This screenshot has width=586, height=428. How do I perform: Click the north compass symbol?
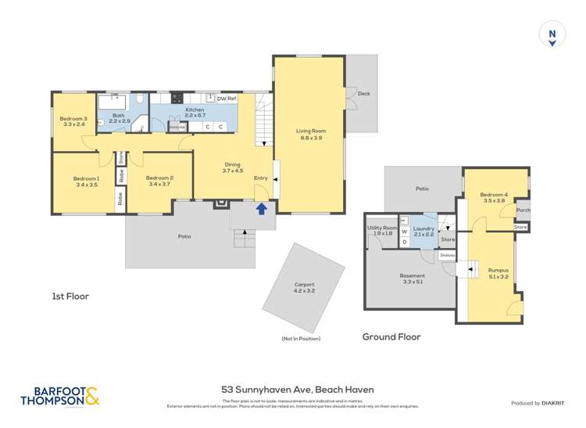pyautogui.click(x=552, y=34)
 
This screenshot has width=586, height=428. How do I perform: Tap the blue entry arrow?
pyautogui.click(x=262, y=207)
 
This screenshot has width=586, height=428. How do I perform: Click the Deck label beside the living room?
pyautogui.click(x=363, y=94)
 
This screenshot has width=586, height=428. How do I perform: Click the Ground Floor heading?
pyautogui.click(x=391, y=337)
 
